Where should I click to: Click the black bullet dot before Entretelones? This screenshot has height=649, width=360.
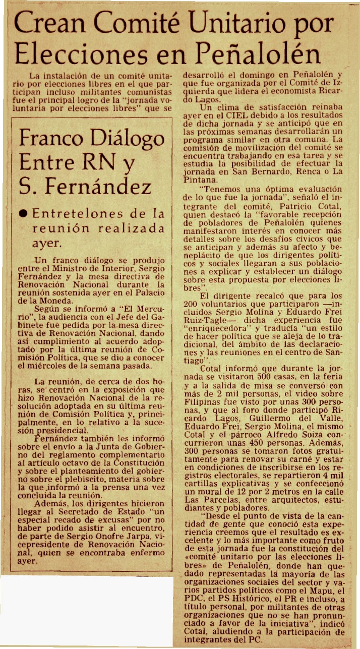(23, 213)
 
